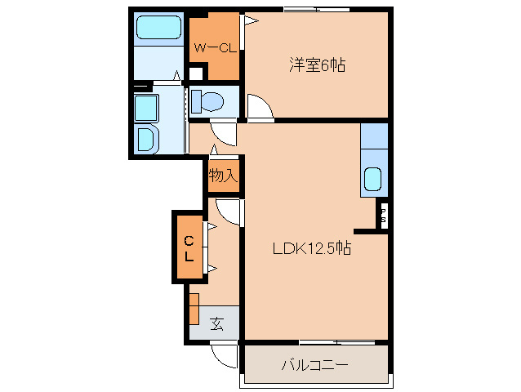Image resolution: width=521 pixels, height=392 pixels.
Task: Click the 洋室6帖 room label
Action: (318, 65)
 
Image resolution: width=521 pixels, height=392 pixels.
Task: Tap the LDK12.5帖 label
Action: (312, 247)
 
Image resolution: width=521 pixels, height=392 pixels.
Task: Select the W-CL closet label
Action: (215, 48)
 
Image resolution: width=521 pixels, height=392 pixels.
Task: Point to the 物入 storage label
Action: (223, 175)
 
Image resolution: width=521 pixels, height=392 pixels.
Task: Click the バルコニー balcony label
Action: (314, 365)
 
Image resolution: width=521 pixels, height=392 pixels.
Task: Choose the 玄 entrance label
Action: (217, 323)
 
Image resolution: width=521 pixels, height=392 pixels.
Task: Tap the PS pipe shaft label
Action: (383, 216)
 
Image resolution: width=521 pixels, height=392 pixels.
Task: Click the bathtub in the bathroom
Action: (158, 28)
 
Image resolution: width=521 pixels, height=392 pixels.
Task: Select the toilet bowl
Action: (208, 100)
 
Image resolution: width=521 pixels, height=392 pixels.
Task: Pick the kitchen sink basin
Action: (373, 179)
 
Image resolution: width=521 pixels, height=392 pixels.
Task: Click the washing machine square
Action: (146, 109)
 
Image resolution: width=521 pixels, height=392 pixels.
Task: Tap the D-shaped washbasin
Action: (146, 139)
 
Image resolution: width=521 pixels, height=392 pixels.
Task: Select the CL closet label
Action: (189, 247)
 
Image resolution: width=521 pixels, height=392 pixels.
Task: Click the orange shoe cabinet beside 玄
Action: (194, 309)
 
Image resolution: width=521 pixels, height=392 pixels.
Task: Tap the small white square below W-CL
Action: (196, 73)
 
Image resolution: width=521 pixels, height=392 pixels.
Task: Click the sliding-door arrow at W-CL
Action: (252, 21)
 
